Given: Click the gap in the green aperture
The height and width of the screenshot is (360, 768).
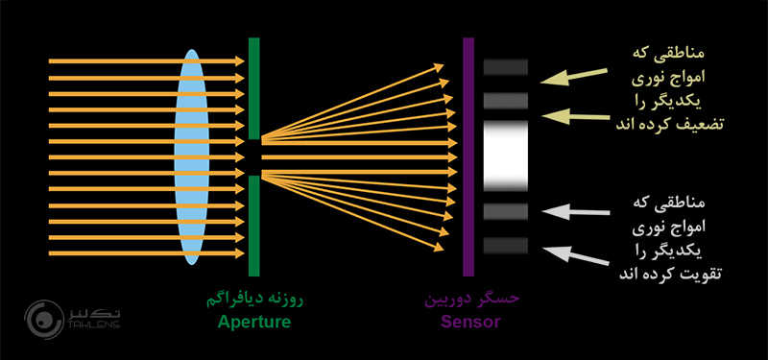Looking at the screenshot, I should coord(253,156).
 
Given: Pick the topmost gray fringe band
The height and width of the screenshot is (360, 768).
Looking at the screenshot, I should coord(507,66).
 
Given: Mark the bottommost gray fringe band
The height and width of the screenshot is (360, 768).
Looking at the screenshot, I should coord(507,246).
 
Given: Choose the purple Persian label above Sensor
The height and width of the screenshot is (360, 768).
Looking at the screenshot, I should coord(471,299).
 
